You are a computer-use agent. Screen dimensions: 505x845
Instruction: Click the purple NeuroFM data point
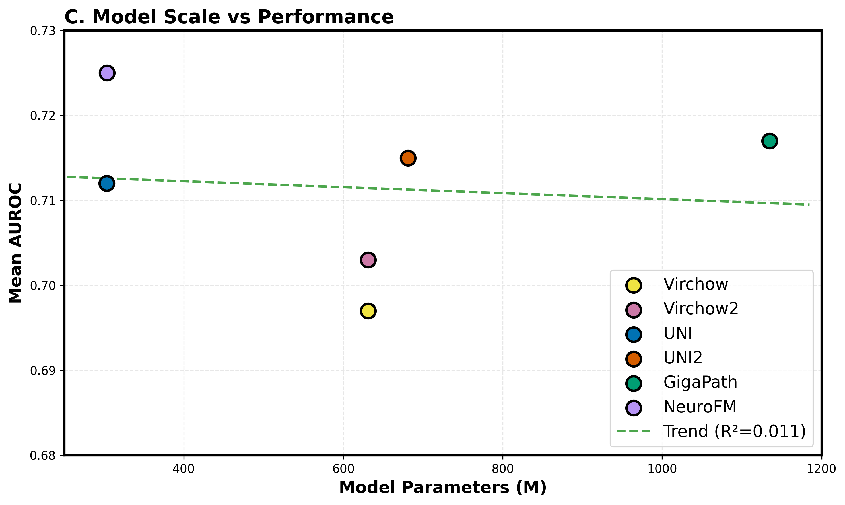coord(107,73)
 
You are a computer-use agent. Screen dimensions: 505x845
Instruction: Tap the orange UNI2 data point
coord(408,158)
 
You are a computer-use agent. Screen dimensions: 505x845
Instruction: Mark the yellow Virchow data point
coord(368,311)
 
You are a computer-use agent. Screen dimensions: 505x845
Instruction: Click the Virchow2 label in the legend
coord(700,309)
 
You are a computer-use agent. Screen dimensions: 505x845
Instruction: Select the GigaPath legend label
coord(700,382)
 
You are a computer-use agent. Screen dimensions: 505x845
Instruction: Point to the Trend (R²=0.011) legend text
coord(735,431)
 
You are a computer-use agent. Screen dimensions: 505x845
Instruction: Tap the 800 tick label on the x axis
coord(502,469)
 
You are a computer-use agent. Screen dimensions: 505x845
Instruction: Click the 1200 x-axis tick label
coord(821,469)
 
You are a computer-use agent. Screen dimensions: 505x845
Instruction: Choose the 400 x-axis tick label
coord(184,469)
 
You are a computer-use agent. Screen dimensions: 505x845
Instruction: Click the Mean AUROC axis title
coord(15,243)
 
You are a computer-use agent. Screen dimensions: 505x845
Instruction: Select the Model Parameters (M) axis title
coord(443,488)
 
